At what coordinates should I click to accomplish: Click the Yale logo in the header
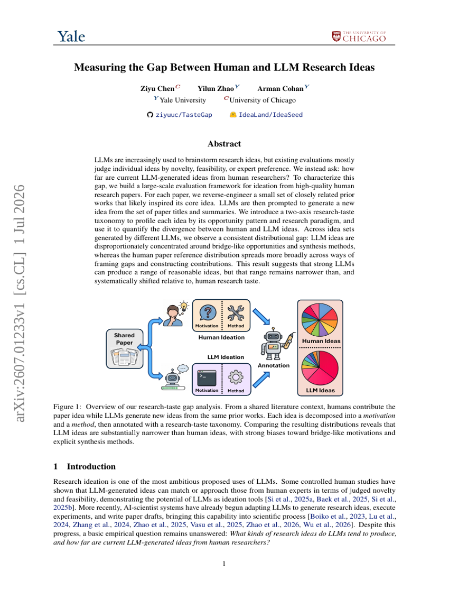click(x=71, y=36)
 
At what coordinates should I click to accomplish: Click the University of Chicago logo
click(x=359, y=36)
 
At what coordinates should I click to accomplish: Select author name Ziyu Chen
click(x=157, y=88)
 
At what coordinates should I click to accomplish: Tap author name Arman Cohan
click(x=280, y=88)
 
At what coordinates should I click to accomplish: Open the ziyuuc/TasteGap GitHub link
click(x=180, y=115)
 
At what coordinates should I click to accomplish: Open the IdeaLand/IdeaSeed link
click(x=266, y=115)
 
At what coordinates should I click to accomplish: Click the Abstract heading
click(x=224, y=144)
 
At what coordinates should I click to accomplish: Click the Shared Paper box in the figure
click(x=124, y=348)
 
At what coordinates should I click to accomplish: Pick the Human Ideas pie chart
click(x=320, y=319)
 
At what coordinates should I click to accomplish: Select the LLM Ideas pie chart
click(x=320, y=368)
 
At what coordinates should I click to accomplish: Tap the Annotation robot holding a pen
click(x=276, y=343)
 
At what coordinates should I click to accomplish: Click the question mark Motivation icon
click(x=208, y=312)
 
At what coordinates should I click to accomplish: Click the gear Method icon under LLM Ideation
click(x=236, y=377)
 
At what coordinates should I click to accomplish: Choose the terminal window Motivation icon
click(x=207, y=378)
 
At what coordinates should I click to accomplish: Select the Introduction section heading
click(x=85, y=466)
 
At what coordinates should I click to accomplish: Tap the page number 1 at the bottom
click(x=224, y=564)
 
